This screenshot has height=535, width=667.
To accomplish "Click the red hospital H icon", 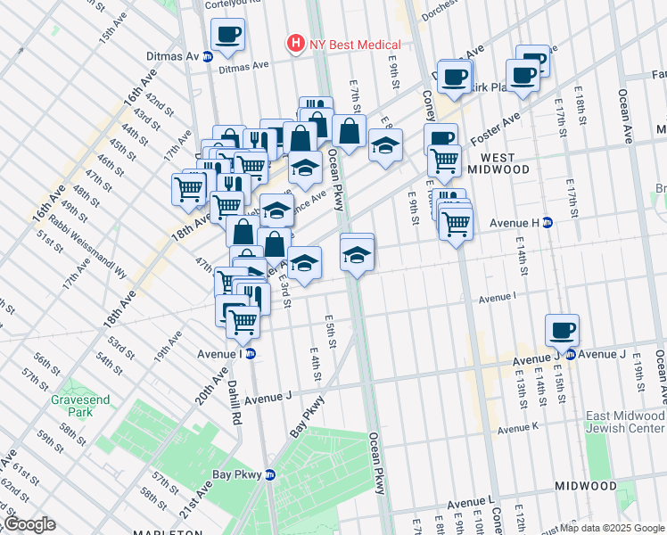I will tap(293, 44).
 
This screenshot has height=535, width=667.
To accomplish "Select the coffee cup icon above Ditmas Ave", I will tap(227, 35).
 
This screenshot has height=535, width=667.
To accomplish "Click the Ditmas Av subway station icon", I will tap(208, 56).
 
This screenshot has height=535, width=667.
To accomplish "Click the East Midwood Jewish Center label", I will tap(624, 424).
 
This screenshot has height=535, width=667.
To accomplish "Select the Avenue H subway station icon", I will tap(548, 223).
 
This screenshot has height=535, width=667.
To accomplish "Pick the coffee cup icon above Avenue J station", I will tap(563, 330).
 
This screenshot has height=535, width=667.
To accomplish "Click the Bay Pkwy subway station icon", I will tap(268, 475).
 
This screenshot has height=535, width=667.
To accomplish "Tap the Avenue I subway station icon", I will tap(251, 353).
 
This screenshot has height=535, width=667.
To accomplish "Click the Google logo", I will tap(29, 524).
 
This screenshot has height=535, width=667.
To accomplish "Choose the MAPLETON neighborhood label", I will tap(166, 531).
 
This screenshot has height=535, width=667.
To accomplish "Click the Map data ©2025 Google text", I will tap(612, 528).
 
